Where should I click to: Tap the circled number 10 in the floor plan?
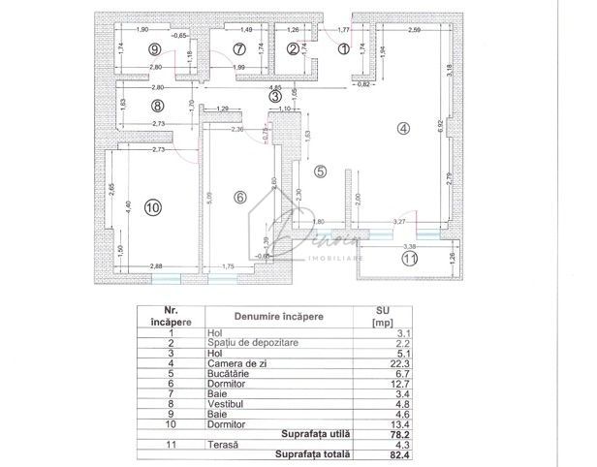(152, 207)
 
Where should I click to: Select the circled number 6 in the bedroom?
(241, 197)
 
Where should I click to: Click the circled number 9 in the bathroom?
(154, 48)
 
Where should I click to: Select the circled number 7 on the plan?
(239, 48)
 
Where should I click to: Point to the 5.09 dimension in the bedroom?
(208, 204)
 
